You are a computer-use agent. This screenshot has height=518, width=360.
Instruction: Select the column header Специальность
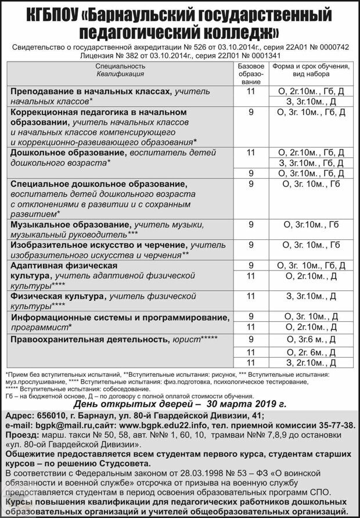tap(121, 66)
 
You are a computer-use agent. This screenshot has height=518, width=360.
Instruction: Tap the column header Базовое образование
tap(251, 74)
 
